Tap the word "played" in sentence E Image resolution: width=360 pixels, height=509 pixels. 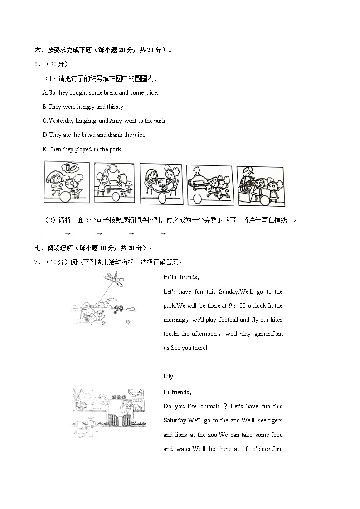point(83,149)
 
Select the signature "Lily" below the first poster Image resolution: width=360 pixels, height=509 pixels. point(168,377)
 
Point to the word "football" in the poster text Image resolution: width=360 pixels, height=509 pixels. point(229,320)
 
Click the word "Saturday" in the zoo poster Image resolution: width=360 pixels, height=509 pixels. point(175,421)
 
